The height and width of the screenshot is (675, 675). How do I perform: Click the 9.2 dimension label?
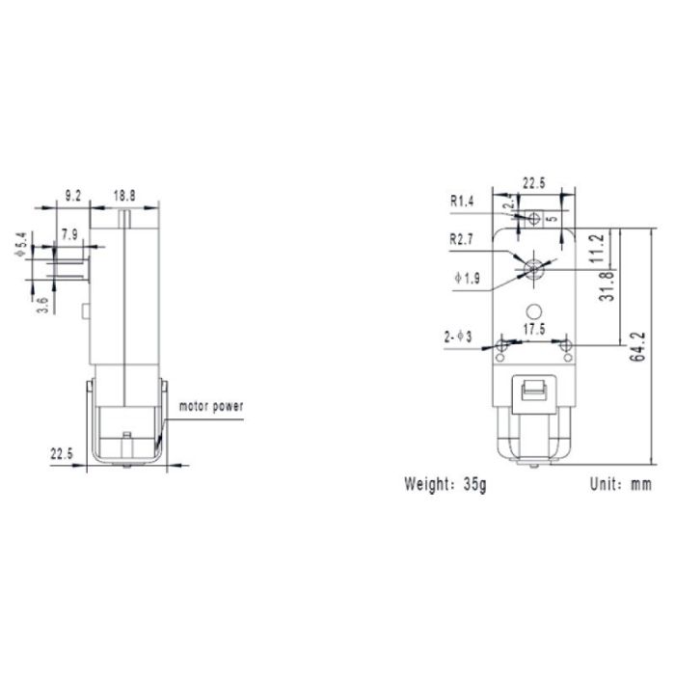pyautogui.click(x=72, y=196)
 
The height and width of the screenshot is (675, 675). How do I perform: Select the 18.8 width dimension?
pyautogui.click(x=124, y=196)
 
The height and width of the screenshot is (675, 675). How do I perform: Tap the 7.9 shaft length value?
pyautogui.click(x=69, y=234)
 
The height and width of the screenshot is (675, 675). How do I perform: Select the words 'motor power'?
pyautogui.click(x=209, y=406)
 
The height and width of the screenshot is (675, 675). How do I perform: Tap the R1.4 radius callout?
pyautogui.click(x=463, y=202)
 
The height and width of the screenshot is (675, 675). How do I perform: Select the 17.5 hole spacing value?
pyautogui.click(x=534, y=328)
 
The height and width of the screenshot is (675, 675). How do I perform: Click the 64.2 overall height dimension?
pyautogui.click(x=639, y=344)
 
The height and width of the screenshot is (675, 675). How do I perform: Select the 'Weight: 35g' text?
pyautogui.click(x=445, y=484)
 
